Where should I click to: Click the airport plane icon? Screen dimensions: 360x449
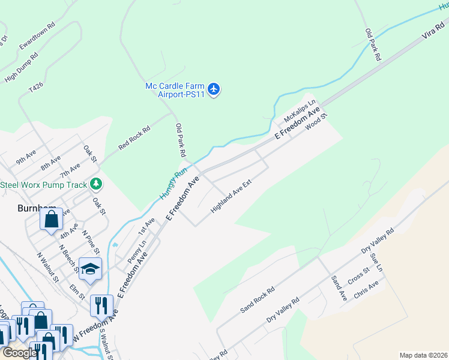tap(215, 90)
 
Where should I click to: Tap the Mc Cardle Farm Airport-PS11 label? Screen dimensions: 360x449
tap(175, 90)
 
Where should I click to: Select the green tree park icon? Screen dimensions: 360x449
tap(96, 184)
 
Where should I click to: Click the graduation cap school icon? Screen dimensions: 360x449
tap(89, 269)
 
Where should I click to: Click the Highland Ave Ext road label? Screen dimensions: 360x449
tap(230, 196)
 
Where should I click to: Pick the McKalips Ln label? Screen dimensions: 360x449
tap(300, 109)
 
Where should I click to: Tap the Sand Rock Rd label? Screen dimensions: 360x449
tap(257, 299)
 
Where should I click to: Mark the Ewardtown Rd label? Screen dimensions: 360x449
tap(37, 36)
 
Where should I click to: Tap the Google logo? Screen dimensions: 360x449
tap(20, 353)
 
